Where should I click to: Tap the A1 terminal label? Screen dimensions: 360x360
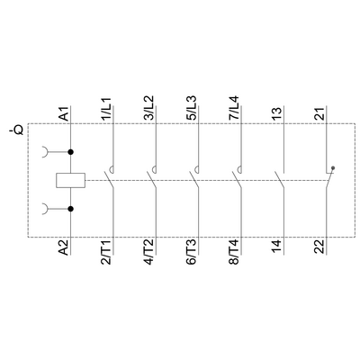pyautogui.click(x=64, y=114)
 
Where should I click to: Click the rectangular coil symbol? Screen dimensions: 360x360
pyautogui.click(x=70, y=180)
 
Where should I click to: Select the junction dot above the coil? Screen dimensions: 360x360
pyautogui.click(x=70, y=152)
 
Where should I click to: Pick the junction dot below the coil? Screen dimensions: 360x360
pyautogui.click(x=70, y=209)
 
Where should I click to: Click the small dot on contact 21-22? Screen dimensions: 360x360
pyautogui.click(x=334, y=167)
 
